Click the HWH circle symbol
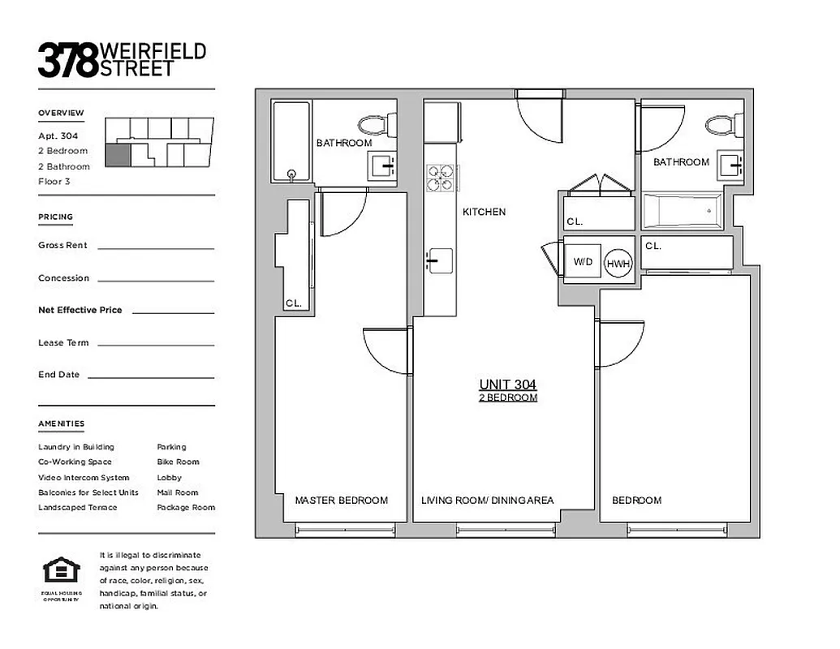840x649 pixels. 618,263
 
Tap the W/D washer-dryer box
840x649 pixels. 583,261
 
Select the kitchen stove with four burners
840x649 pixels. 441,177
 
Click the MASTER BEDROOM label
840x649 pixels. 341,501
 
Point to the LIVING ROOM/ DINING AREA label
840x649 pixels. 487,501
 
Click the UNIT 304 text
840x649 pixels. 507,385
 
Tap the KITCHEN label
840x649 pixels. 484,212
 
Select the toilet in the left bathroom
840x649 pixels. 377,124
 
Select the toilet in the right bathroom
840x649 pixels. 723,124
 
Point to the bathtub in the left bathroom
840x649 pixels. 291,141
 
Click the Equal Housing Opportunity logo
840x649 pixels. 62,571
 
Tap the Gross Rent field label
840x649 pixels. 62,245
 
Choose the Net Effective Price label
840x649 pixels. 80,310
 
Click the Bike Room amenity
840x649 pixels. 178,462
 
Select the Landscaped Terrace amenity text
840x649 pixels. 77,507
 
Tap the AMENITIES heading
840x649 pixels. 61,423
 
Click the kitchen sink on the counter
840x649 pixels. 433,260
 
